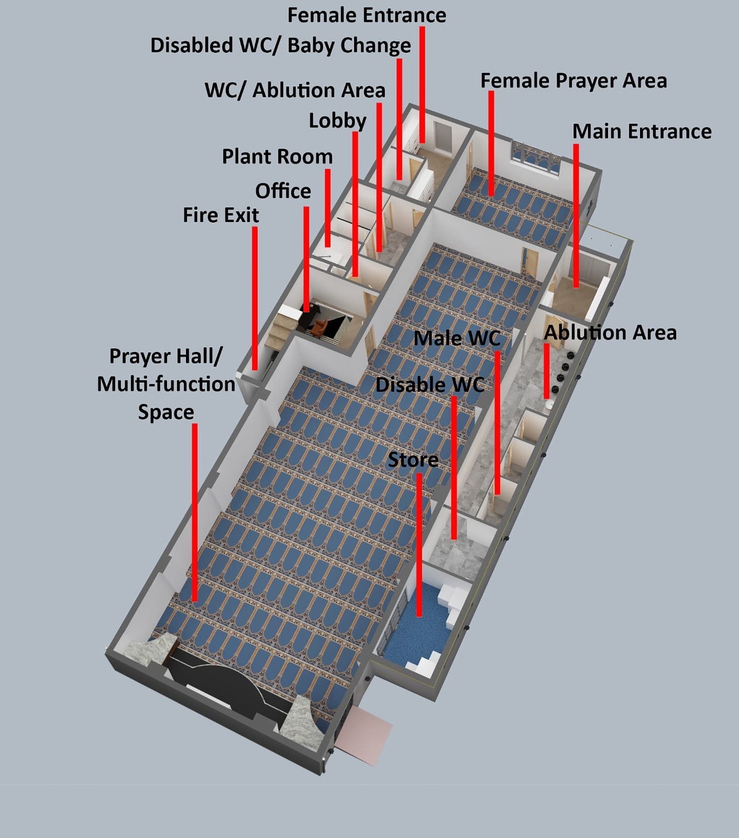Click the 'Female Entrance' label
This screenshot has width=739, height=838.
point(367,15)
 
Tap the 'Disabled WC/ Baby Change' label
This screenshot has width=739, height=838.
point(280,46)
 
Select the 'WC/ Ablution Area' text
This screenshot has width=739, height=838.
point(295,90)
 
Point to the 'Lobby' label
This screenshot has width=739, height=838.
point(337,120)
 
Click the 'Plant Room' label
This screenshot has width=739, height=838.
point(277,157)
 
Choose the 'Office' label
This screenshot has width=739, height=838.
point(283,191)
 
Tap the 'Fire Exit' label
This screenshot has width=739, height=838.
point(220,215)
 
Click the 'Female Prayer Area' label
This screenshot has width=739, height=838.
point(573,81)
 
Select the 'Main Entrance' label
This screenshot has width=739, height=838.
point(642,131)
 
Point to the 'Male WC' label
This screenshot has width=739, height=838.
point(457,338)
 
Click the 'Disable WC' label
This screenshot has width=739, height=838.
point(429,384)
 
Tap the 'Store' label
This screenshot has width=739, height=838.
point(413,460)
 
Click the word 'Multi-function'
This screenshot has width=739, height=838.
point(166,384)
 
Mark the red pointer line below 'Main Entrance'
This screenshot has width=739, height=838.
point(576,215)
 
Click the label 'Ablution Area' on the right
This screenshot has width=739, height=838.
point(610,333)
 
